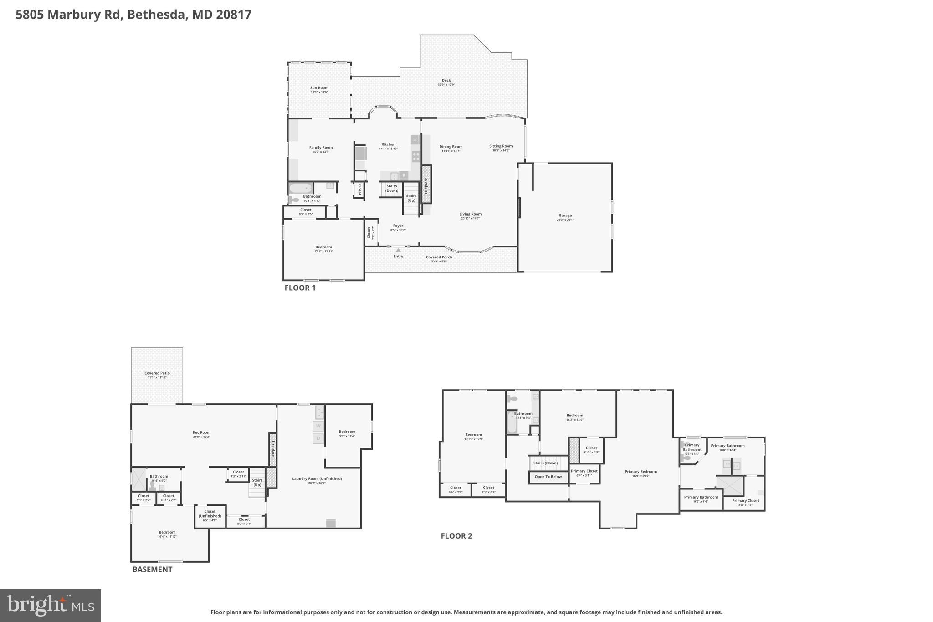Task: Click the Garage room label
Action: coord(565,216)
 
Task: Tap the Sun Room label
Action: coord(319,88)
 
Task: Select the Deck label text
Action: coord(446,81)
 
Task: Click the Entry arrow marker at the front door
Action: coord(398,250)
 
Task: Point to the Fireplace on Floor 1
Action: coord(426,185)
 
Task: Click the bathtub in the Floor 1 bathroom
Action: coord(301,188)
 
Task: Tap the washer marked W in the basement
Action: coord(318,426)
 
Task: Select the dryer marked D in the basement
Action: coord(318,438)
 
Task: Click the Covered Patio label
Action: coord(157,373)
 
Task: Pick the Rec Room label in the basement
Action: coord(201,432)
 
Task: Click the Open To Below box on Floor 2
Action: coord(548,477)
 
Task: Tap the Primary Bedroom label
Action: coord(641,472)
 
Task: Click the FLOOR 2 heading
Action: coord(456,536)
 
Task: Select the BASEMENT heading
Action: coord(152,569)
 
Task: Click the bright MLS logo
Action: coord(51,605)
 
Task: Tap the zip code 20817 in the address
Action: coord(234,15)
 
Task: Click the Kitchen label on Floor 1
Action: coord(388,144)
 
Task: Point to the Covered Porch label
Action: coord(439,257)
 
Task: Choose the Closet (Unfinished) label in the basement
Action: coord(210,514)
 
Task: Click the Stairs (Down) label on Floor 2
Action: coord(545,463)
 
